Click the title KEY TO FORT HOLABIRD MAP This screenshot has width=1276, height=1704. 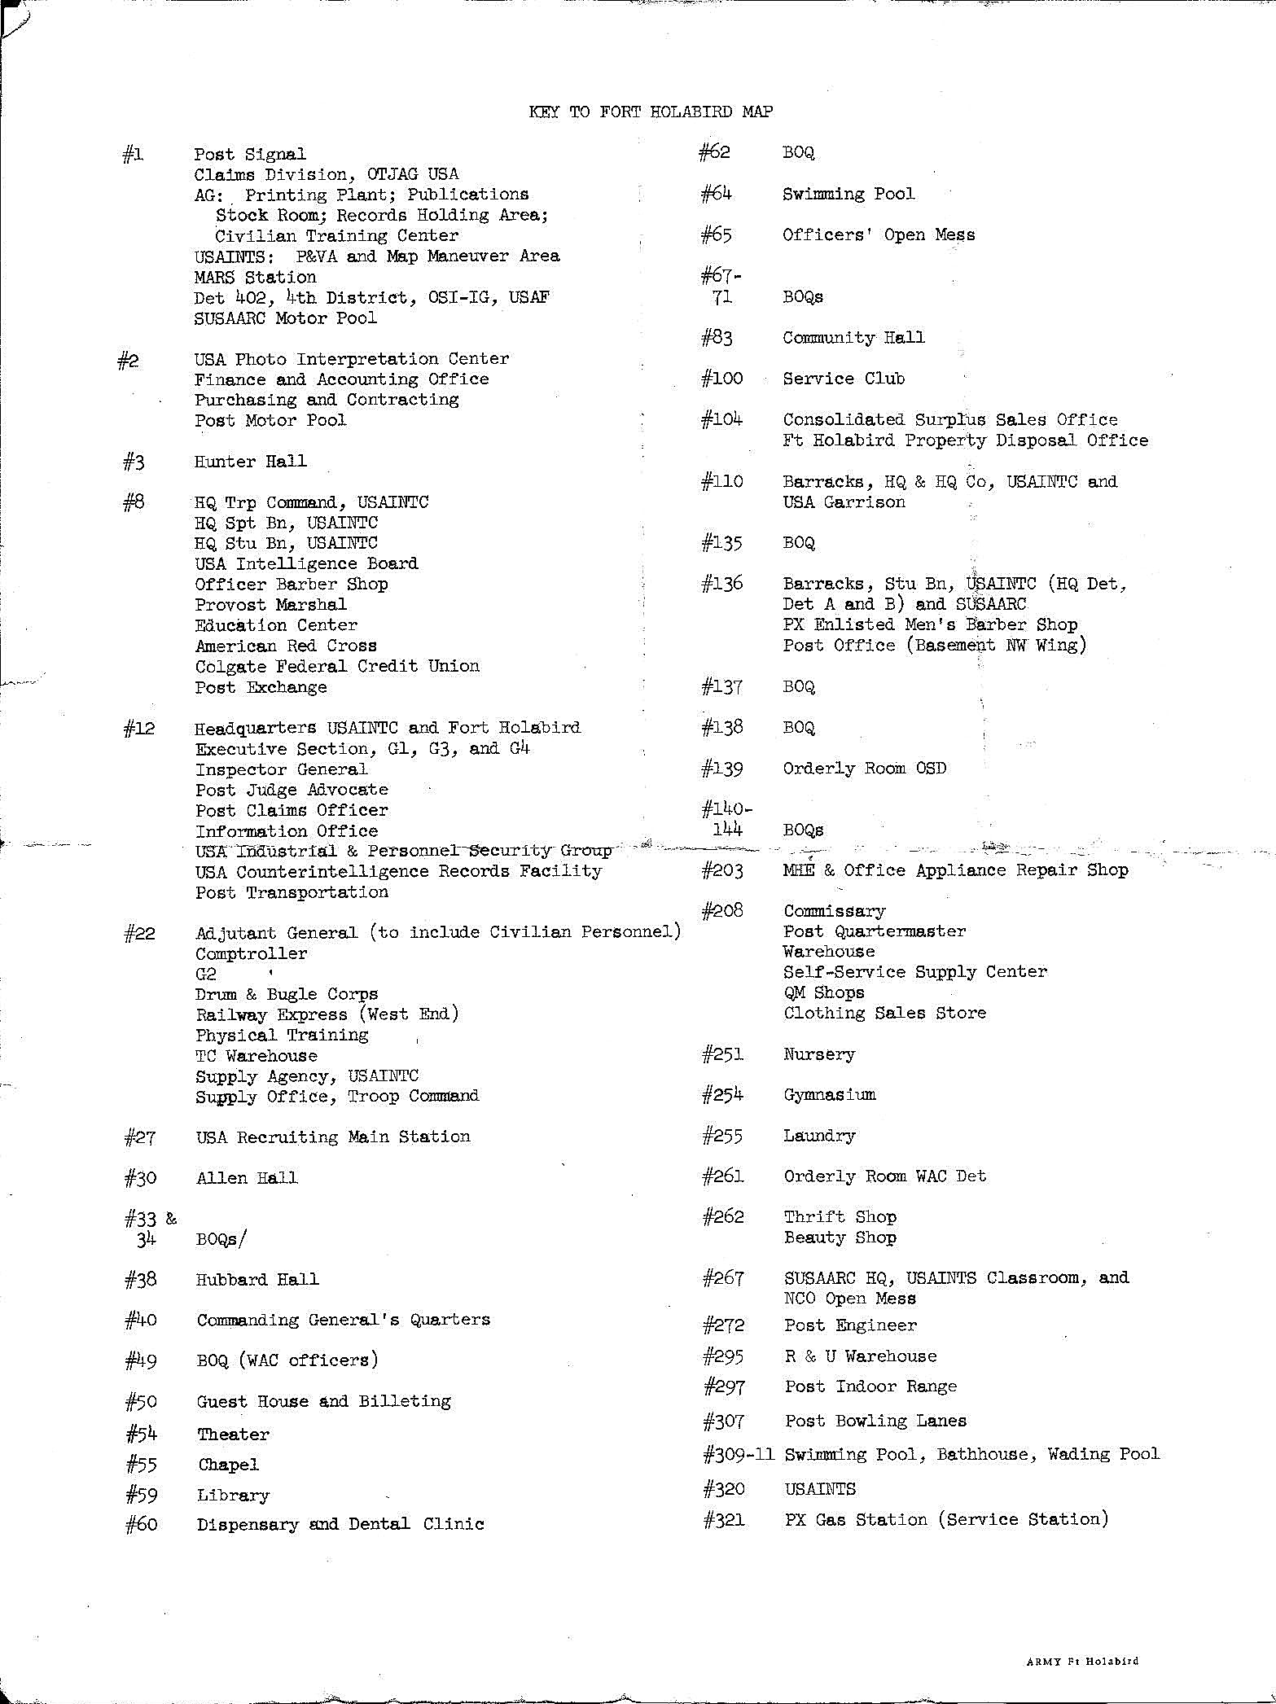650,112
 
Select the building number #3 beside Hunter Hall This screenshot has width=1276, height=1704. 134,462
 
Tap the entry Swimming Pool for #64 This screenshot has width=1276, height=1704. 848,194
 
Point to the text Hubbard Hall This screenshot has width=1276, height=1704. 257,1279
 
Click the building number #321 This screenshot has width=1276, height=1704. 723,1519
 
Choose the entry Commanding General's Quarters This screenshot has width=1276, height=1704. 343,1320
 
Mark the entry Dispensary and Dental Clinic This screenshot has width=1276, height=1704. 340,1524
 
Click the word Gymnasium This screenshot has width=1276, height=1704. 829,1095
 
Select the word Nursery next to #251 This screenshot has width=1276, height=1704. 818,1054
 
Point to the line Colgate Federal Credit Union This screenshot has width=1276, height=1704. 336,666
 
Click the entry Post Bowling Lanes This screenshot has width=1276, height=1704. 875,1421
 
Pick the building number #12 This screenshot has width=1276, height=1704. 139,729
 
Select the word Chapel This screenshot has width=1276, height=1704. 228,1465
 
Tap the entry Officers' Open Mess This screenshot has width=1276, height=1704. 878,235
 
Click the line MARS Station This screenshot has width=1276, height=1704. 254,277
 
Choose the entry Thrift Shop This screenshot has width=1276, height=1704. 840,1217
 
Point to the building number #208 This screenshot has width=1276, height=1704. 722,911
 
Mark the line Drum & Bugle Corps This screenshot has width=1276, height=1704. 286,994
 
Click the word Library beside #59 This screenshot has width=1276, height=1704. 232,1496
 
